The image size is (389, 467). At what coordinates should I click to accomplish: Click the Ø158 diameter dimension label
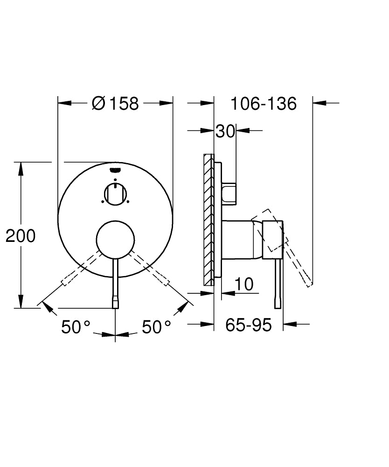click(116, 103)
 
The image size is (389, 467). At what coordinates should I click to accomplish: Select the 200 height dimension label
click(21, 236)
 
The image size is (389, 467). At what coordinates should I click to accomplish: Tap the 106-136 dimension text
click(264, 103)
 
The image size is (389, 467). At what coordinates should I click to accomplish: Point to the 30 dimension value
click(225, 132)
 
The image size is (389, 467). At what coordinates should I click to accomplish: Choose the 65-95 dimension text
click(248, 325)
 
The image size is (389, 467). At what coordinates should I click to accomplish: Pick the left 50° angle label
click(75, 327)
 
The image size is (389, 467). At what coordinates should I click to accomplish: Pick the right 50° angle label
click(156, 327)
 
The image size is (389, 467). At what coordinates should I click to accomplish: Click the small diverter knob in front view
click(115, 194)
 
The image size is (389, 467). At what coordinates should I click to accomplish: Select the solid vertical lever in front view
click(115, 285)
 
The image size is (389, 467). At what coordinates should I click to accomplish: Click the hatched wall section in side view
click(208, 219)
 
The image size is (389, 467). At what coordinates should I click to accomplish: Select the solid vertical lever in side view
click(278, 285)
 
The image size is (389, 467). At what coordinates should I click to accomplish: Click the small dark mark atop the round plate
click(115, 170)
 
